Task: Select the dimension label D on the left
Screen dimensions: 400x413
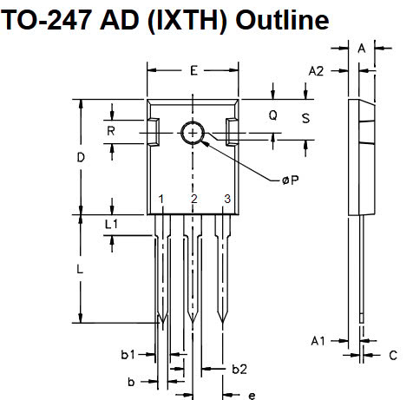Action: (80, 158)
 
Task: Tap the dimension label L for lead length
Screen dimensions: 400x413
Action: (80, 269)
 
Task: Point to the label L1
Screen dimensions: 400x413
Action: (111, 224)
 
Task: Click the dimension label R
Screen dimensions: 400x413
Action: (111, 131)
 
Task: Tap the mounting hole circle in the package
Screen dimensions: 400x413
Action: (192, 132)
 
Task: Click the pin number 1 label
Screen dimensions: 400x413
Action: (161, 200)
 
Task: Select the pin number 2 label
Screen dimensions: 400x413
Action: (193, 200)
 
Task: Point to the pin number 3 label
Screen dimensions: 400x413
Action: (226, 200)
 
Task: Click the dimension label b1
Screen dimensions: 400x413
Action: (128, 355)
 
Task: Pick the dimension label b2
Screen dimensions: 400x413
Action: (240, 370)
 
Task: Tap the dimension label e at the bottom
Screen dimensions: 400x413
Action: (252, 395)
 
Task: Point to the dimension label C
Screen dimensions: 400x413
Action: (392, 355)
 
